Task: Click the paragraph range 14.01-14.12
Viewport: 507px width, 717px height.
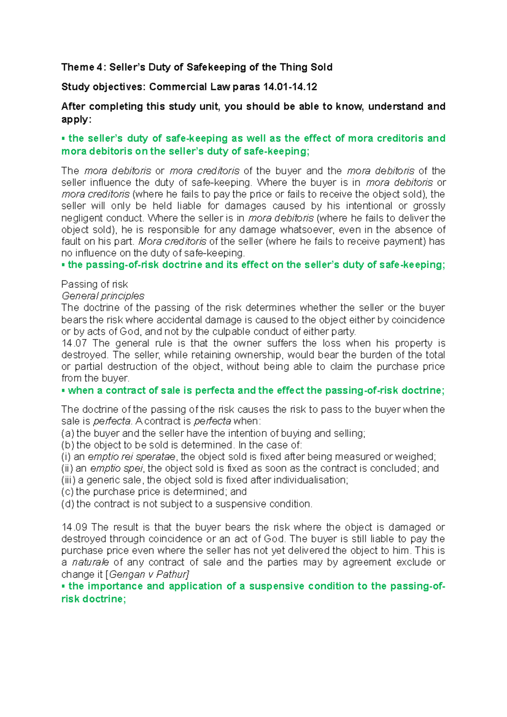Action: pos(290,87)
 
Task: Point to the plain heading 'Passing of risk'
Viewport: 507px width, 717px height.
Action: pos(94,284)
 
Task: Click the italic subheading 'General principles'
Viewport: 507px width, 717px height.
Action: pos(103,296)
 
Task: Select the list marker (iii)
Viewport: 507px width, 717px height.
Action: pos(68,480)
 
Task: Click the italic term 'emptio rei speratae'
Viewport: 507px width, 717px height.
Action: pos(131,457)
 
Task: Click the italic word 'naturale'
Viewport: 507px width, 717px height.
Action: pos(90,562)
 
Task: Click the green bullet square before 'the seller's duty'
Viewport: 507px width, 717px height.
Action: pos(63,139)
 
